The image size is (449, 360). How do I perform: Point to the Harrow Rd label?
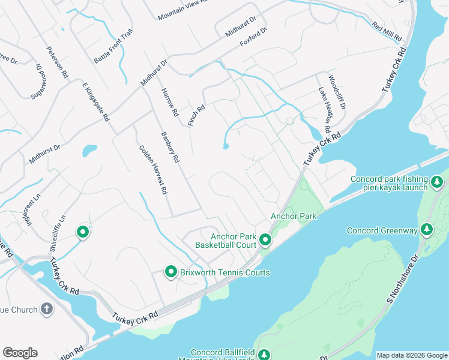[170, 102]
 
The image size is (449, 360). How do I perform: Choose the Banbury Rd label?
[170, 148]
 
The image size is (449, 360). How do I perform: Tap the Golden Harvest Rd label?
[152, 170]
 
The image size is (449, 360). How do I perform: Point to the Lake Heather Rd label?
[325, 110]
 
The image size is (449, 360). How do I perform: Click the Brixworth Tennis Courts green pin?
[170, 272]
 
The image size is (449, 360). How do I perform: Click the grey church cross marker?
[46, 309]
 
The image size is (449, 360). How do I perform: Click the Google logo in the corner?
[20, 353]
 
